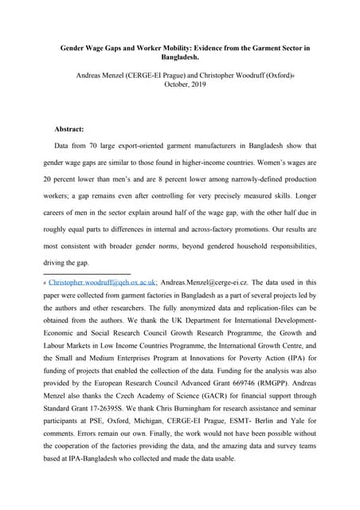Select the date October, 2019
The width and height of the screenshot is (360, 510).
click(x=179, y=84)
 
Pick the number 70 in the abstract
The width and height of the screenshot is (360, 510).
click(x=98, y=147)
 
